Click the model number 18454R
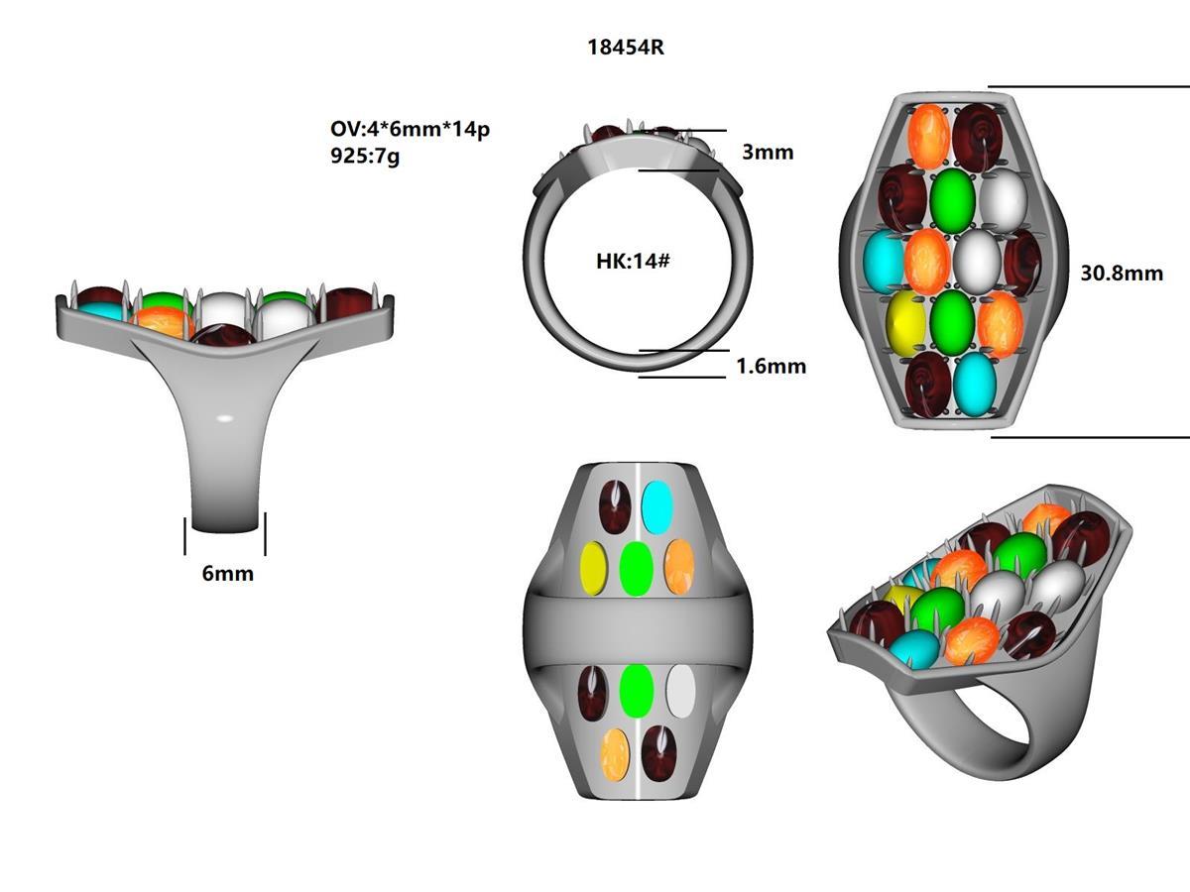pyautogui.click(x=624, y=49)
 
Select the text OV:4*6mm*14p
pyautogui.click(x=409, y=130)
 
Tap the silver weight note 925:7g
pyautogui.click(x=365, y=156)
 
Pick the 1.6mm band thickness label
pyautogui.click(x=771, y=366)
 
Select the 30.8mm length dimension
pyautogui.click(x=1122, y=272)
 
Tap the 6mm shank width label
pyautogui.click(x=227, y=573)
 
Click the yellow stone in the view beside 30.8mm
pyautogui.click(x=905, y=322)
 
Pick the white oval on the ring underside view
pyautogui.click(x=680, y=691)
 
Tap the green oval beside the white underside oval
pyautogui.click(x=636, y=691)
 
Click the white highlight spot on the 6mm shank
pyautogui.click(x=226, y=418)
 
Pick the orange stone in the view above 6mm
pyautogui.click(x=164, y=321)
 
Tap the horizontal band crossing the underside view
pyautogui.click(x=635, y=629)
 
